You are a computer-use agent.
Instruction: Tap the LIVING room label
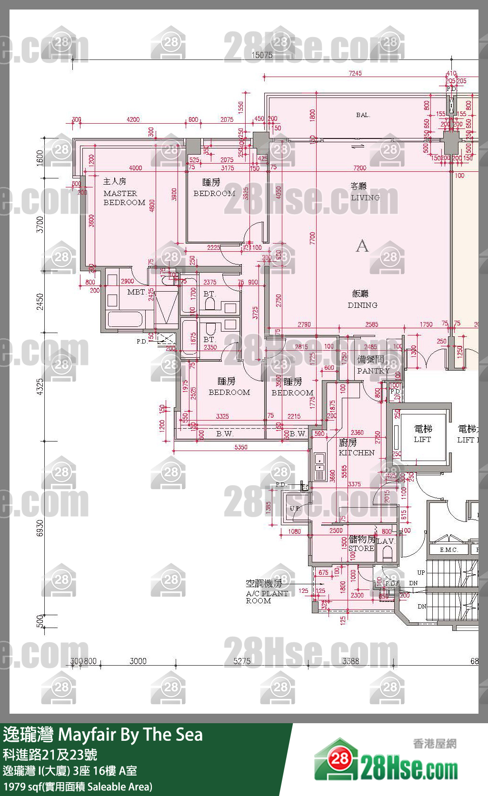pos(365,197)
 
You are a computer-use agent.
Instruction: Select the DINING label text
pos(362,305)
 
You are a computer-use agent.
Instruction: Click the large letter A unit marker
pos(362,246)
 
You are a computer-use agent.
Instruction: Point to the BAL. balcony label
pos(363,115)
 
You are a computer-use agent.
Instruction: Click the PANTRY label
pos(373,370)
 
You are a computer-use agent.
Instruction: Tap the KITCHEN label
pos(356,452)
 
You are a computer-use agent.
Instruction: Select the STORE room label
pos(361,548)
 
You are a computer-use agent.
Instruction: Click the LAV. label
pos(386,541)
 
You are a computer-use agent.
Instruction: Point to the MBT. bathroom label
pos(136,292)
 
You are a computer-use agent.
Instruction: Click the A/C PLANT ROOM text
pos(267,597)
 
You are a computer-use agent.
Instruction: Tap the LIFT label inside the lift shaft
pos(422,439)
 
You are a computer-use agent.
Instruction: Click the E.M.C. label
pos(448,550)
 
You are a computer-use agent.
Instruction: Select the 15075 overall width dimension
pos(262,55)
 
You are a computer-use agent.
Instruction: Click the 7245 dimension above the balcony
pos(355,73)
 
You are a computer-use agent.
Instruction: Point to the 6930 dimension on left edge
pos(40,528)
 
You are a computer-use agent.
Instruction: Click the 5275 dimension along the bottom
pos(242,661)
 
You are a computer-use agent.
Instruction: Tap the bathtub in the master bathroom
pos(125,319)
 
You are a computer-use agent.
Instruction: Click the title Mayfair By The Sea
pos(130,735)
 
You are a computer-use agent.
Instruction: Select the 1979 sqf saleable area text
pos(78,786)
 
